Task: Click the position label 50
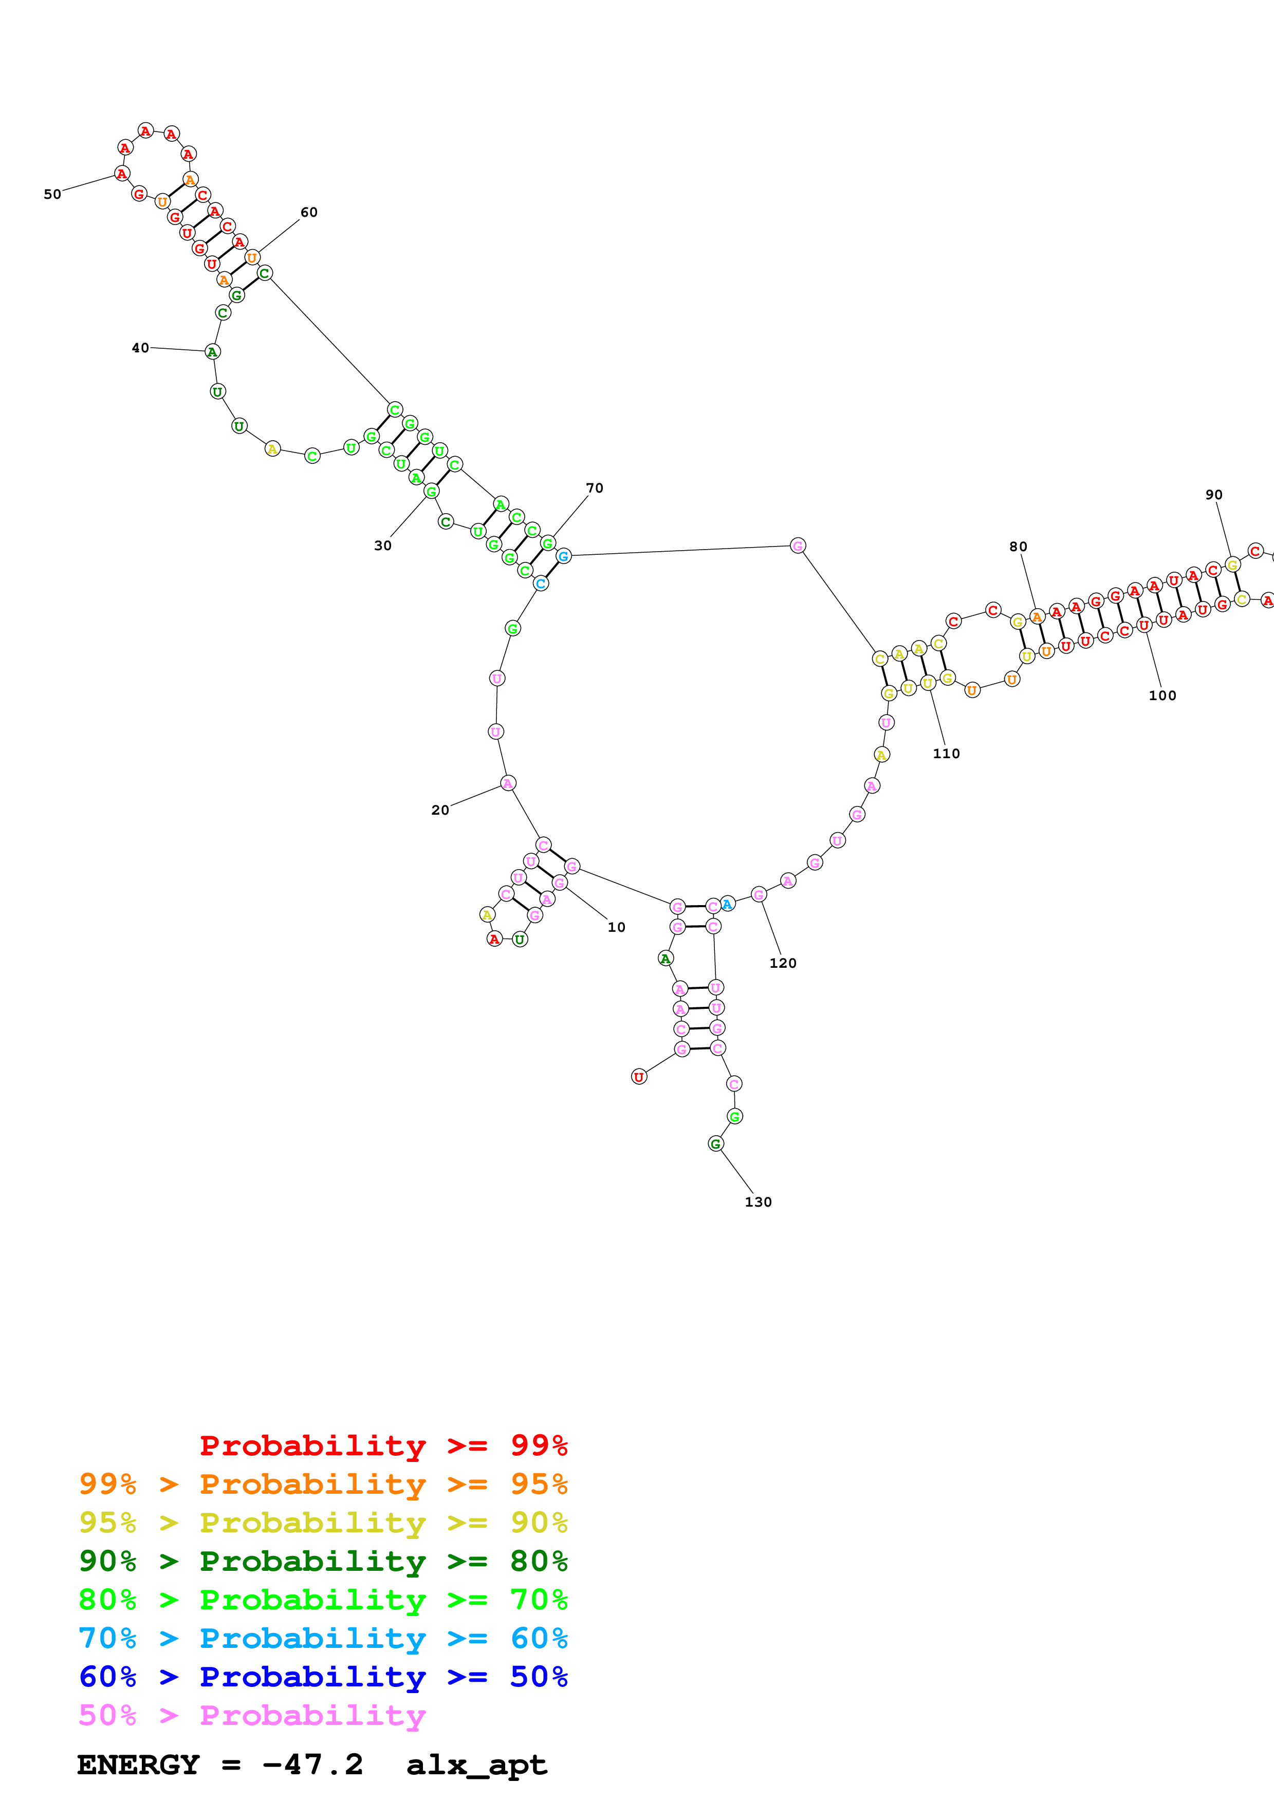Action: click(x=52, y=194)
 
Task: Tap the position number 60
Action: click(x=308, y=212)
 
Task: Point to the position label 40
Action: click(x=140, y=348)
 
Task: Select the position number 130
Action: click(x=758, y=1202)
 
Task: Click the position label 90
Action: click(x=1213, y=495)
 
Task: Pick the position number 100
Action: click(x=1162, y=696)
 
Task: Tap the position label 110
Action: click(x=946, y=754)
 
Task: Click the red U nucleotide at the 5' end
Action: click(x=639, y=1077)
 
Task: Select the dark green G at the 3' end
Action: click(x=715, y=1143)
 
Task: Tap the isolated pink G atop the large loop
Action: click(x=798, y=546)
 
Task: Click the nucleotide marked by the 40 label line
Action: click(x=212, y=351)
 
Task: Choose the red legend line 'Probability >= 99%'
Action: click(x=383, y=1445)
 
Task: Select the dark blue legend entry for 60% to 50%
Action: click(x=323, y=1677)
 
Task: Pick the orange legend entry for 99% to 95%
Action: click(x=323, y=1484)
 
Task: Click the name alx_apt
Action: click(x=476, y=1765)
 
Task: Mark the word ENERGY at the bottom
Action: click(x=138, y=1765)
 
